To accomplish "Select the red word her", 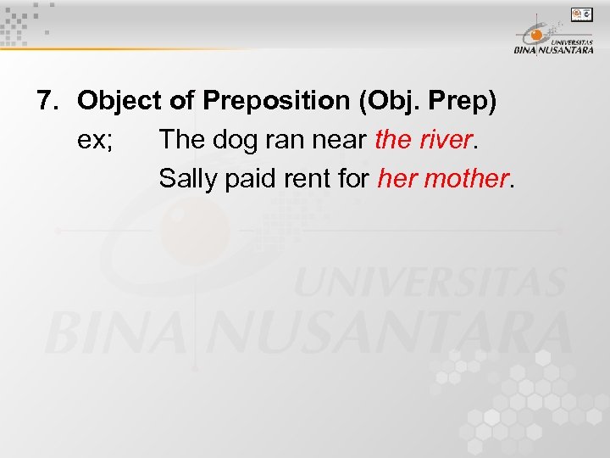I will [395, 179].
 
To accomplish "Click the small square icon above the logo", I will [582, 14].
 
